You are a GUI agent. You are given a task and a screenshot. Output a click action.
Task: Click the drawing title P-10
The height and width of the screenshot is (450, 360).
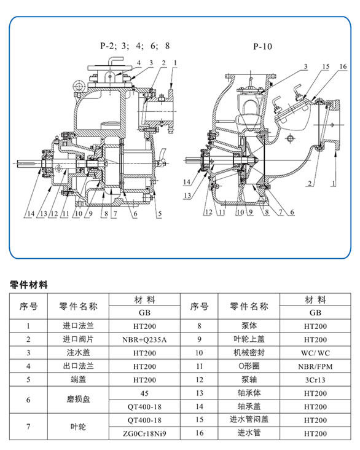pos(262,47)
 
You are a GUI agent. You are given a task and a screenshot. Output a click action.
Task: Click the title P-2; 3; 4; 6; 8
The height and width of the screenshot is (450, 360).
pos(135,46)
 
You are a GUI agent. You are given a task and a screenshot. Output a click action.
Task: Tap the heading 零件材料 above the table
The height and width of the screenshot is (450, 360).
pos(28,285)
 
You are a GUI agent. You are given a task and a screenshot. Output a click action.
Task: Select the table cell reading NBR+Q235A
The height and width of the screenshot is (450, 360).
pos(144,339)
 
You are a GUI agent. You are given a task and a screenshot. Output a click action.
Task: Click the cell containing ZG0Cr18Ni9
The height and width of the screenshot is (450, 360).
pos(144,433)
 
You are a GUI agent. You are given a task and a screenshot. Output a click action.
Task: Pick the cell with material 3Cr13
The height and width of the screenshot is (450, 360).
pos(315,380)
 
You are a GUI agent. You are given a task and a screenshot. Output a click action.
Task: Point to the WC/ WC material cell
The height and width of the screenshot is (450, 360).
pos(315,353)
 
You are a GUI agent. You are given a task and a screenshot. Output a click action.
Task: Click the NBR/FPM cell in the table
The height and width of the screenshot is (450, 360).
pos(315,366)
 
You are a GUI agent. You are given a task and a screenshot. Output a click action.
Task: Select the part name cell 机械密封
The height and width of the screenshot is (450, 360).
pos(249,353)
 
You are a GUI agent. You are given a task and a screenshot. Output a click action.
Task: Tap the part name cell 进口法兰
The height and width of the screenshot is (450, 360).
pos(78,326)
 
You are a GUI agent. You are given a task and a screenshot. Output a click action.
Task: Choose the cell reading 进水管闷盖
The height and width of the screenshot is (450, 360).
pos(249,420)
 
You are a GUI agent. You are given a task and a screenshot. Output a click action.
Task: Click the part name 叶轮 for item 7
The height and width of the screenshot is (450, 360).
pos(78,427)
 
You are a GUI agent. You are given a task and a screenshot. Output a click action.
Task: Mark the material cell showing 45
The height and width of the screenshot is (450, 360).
pos(144,393)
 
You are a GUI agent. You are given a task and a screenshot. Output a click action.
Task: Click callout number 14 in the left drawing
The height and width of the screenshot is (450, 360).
pos(31,213)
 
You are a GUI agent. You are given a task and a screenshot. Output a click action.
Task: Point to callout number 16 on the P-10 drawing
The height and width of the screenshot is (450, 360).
pos(343,66)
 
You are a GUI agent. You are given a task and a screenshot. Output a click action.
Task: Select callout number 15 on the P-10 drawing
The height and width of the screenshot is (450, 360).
pos(326,66)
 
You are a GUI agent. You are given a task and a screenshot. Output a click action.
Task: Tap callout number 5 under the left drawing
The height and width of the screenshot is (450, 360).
pos(160,213)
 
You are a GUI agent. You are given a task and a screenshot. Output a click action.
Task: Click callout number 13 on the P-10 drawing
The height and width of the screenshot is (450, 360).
pos(187,195)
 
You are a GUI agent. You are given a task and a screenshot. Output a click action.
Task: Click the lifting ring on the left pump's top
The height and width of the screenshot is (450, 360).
pos(78,85)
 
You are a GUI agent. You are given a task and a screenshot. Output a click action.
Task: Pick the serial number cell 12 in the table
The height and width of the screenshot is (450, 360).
pos(200,380)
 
